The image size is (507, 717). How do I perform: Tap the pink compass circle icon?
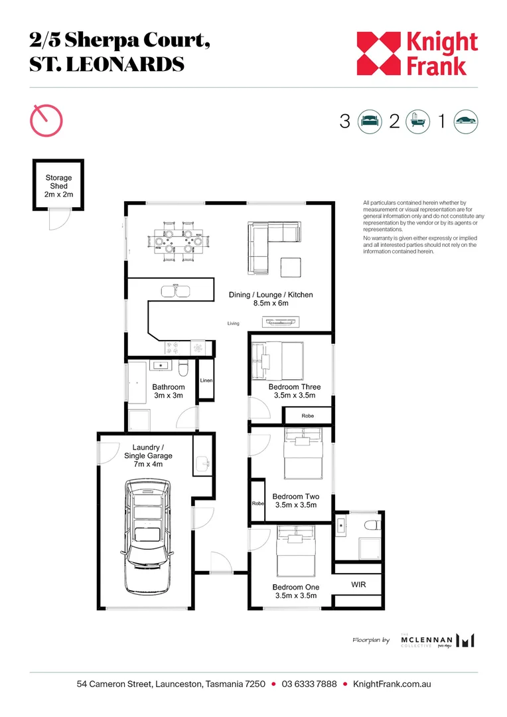pyautogui.click(x=46, y=121)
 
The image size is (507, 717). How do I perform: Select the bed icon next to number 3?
pyautogui.click(x=370, y=121)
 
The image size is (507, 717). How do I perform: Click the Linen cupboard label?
pyautogui.click(x=206, y=380)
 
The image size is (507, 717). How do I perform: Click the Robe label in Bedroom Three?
pyautogui.click(x=307, y=416)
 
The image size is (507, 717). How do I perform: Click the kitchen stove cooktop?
pyautogui.click(x=177, y=347)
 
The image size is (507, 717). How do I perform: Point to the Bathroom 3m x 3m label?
pyautogui.click(x=169, y=391)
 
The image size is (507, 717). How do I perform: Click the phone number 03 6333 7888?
pyautogui.click(x=309, y=684)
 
